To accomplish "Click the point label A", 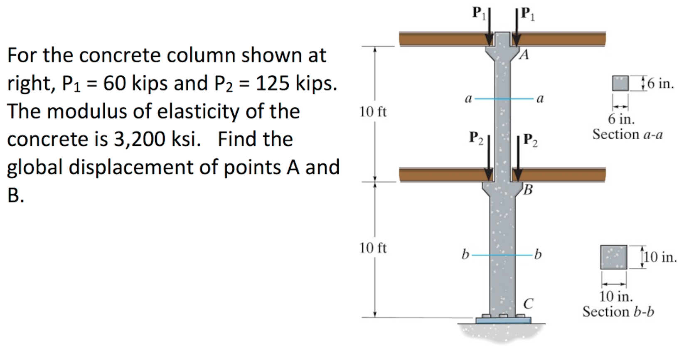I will click(524, 54).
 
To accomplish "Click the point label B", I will click(528, 190).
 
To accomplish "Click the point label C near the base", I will click(528, 304).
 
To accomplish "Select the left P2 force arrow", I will click(489, 158).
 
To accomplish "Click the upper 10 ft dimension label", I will click(373, 112).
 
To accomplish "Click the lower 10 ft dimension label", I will click(373, 248).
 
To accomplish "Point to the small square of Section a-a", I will click(620, 83).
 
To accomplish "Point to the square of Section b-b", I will click(613, 257).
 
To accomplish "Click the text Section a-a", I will click(627, 134).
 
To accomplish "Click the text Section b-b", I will click(618, 311).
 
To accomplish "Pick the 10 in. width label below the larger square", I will click(616, 296).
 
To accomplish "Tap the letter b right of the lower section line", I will click(538, 254).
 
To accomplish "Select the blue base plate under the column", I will click(503, 321).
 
